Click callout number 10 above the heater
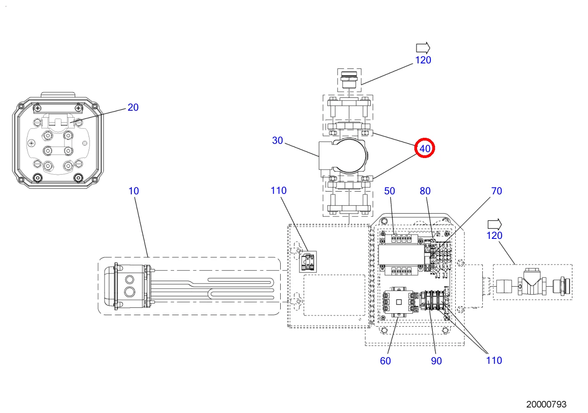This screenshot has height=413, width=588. (x=134, y=191)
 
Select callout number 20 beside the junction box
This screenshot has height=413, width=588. (x=133, y=107)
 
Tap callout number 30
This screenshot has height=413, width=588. (x=277, y=141)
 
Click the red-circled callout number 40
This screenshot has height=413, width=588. (x=425, y=148)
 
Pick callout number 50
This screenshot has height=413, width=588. (x=390, y=191)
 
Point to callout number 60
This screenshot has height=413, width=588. (x=385, y=361)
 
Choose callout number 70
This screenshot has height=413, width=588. (x=497, y=191)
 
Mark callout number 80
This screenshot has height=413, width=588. (x=425, y=191)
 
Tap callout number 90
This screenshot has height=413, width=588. (x=436, y=361)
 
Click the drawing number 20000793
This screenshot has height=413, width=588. (x=546, y=404)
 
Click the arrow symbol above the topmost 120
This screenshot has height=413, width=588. (x=423, y=47)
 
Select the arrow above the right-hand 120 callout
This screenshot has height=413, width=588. (x=494, y=224)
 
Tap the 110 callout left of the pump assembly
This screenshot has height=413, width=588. (x=278, y=191)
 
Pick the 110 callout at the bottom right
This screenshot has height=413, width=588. (x=494, y=361)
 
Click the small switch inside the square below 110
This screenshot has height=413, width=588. (x=308, y=261)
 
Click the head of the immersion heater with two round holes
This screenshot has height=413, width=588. (x=130, y=285)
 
